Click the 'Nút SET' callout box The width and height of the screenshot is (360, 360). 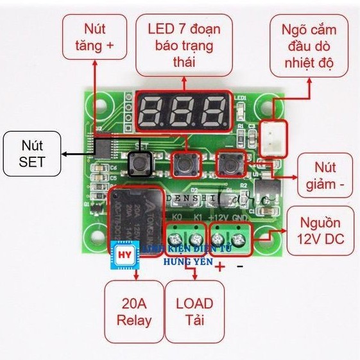pos(31,153)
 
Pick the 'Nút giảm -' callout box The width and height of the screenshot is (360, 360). pos(326,175)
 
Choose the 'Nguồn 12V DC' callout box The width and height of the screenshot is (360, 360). pos(321,230)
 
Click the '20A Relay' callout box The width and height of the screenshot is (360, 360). pos(134,311)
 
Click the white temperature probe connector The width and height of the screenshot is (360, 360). pos(274,135)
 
